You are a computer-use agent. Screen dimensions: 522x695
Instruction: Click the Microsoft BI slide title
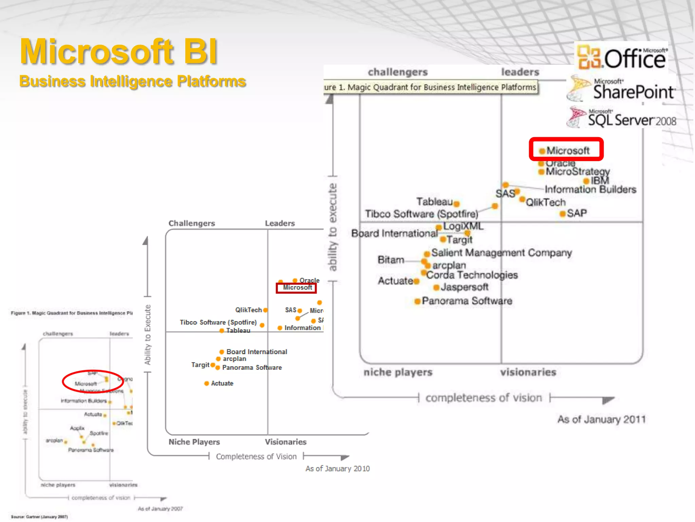[x=119, y=52]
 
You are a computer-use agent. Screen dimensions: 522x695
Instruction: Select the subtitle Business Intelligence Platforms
[x=132, y=82]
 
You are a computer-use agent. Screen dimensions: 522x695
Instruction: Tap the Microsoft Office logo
[x=622, y=57]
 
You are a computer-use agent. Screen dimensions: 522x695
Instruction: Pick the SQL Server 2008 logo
[x=622, y=118]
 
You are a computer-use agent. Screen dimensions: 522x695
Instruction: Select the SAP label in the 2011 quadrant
[x=577, y=213]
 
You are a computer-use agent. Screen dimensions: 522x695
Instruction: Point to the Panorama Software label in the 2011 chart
[x=467, y=301]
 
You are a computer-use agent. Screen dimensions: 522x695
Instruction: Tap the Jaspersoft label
[x=464, y=287]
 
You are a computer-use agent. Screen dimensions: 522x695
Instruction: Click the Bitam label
[x=391, y=260]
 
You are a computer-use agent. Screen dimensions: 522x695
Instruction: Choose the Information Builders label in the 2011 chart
[x=590, y=189]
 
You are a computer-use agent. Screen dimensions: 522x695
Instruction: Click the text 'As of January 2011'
[x=601, y=419]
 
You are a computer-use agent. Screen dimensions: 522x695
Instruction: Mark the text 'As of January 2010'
[x=337, y=469]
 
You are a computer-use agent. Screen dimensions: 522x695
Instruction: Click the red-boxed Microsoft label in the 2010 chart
[x=297, y=288]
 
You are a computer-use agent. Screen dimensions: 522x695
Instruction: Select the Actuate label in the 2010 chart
[x=222, y=383]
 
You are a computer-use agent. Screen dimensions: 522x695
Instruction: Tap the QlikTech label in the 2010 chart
[x=248, y=310]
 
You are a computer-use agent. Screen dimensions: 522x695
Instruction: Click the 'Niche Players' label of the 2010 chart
[x=194, y=442]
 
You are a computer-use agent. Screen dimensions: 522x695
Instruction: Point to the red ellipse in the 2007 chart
[x=93, y=381]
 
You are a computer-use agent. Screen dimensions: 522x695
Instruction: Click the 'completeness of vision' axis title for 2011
[x=484, y=398]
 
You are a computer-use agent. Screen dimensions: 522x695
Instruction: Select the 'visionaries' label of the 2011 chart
[x=528, y=372]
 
